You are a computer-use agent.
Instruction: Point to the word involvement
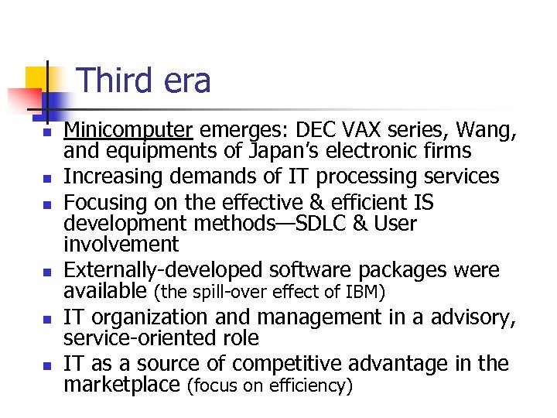click(121, 244)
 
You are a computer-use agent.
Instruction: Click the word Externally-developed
click(163, 270)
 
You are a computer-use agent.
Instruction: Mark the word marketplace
click(122, 384)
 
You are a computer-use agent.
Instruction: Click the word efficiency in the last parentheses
click(309, 385)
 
